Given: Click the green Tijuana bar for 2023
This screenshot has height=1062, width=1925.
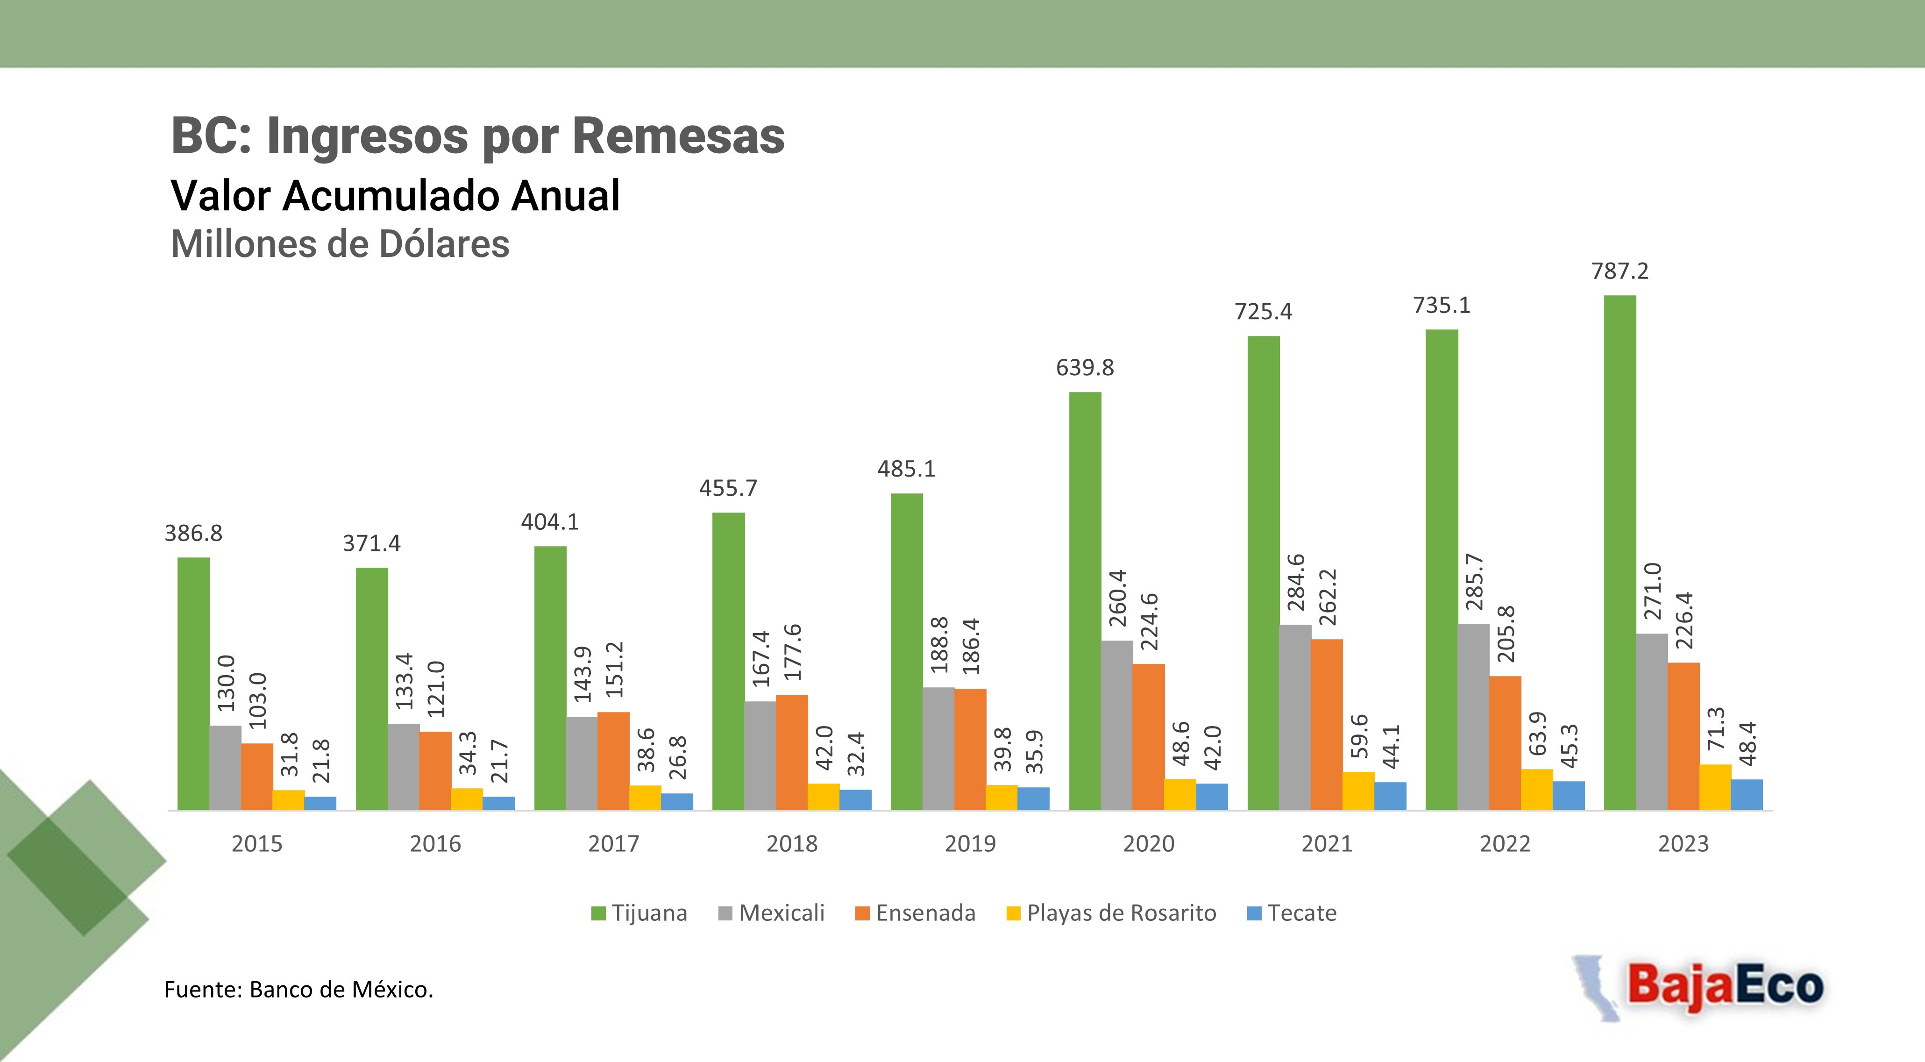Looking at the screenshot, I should click(1620, 553).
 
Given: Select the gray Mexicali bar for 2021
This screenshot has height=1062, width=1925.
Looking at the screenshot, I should click(1295, 718).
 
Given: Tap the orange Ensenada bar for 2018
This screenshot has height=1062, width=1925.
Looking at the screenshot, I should click(791, 753).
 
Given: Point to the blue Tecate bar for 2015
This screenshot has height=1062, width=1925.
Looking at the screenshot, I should click(320, 804).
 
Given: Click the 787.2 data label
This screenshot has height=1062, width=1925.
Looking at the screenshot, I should click(1620, 271).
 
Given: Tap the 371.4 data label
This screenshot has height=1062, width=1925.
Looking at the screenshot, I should click(371, 543).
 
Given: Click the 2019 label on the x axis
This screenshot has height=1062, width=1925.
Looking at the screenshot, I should click(970, 844).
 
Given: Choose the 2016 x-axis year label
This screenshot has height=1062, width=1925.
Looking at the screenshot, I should click(435, 844).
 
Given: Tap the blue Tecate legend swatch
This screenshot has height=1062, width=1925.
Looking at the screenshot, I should click(1254, 913).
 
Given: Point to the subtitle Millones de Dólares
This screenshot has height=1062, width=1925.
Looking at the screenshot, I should click(340, 243).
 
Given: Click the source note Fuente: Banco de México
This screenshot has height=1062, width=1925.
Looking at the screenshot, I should click(298, 990).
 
